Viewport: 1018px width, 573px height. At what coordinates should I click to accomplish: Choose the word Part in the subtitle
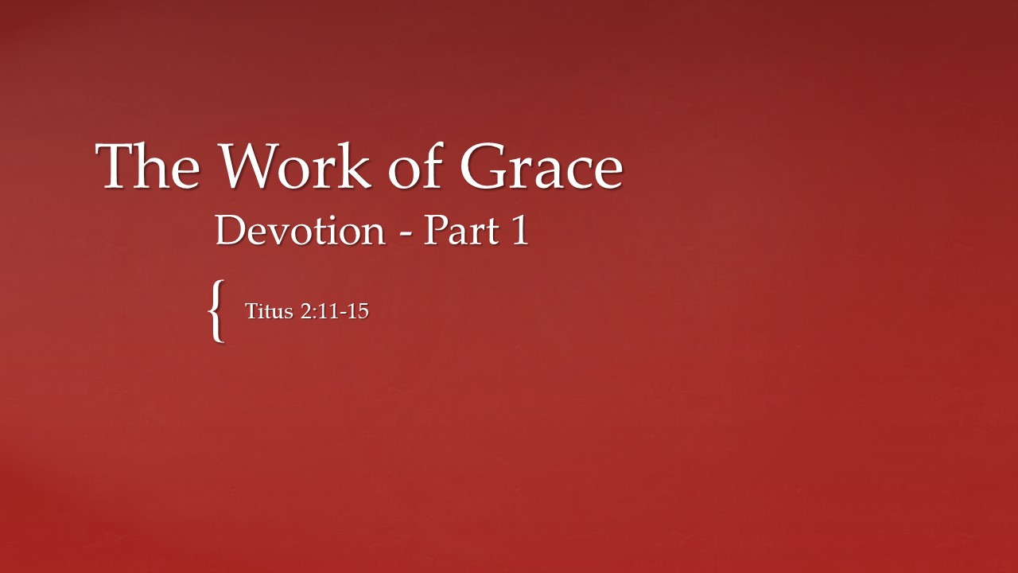[x=456, y=231]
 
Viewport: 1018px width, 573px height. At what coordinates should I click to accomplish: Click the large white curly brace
[x=216, y=310]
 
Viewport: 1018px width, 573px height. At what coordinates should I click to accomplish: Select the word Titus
[x=270, y=311]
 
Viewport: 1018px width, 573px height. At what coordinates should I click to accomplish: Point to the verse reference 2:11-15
[x=334, y=311]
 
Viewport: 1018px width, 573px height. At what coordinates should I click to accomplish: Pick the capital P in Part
[x=433, y=231]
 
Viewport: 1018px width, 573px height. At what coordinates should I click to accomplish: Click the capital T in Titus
[x=251, y=310]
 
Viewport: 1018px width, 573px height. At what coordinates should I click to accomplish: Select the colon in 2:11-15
[x=313, y=313]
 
